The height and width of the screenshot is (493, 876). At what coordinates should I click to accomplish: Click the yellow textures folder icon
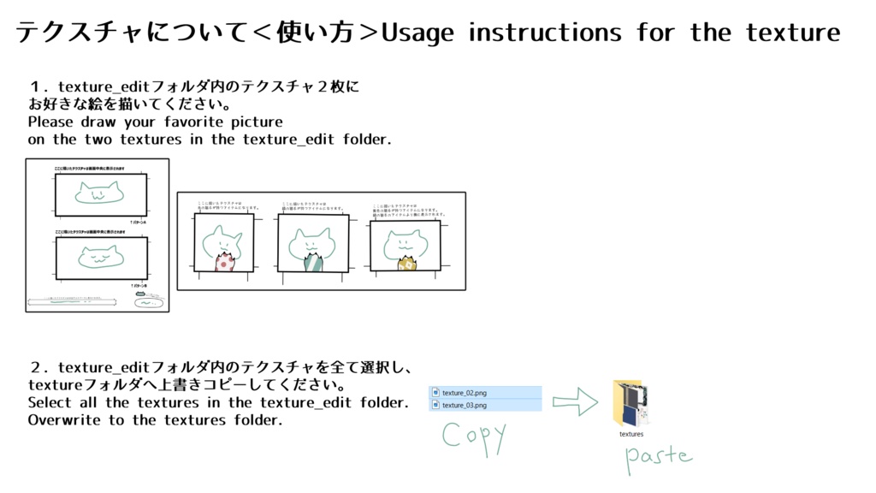pos(631,404)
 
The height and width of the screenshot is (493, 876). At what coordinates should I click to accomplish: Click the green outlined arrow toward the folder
pos(575,401)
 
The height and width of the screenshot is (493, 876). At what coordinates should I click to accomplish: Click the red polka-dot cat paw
pos(224,261)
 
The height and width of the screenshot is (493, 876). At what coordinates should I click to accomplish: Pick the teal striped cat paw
pos(314,260)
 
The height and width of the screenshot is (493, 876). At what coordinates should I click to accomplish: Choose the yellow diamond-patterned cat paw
pos(406,263)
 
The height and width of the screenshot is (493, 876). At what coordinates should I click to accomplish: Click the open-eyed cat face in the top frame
pos(99,195)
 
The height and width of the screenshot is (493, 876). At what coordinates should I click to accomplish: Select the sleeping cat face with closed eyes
pos(101,255)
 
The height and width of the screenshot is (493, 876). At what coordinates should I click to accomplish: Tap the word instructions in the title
pos(545,33)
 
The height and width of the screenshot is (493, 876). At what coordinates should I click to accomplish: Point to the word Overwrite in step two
pos(64,420)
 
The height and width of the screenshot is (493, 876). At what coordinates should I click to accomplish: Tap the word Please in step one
pos(51,122)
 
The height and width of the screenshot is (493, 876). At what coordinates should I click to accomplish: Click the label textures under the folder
pos(631,434)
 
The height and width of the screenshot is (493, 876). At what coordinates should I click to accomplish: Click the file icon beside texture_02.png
pos(435,393)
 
